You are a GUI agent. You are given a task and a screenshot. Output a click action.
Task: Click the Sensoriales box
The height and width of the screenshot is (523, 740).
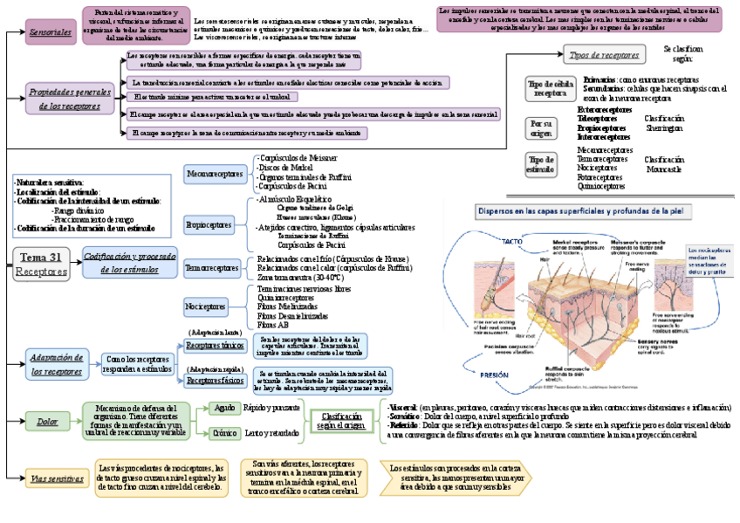click(51, 31)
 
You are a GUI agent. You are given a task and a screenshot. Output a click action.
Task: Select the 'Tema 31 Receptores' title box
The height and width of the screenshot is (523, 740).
click(41, 264)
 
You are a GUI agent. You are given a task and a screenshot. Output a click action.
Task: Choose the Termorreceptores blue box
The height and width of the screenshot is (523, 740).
click(212, 268)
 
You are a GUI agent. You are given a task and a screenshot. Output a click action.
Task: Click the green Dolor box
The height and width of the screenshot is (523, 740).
click(48, 422)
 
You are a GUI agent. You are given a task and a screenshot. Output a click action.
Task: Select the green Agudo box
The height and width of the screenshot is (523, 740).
click(224, 408)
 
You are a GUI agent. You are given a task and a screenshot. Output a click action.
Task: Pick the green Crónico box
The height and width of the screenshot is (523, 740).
click(225, 433)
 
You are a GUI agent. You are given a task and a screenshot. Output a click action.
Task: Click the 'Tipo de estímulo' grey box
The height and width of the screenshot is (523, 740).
click(541, 165)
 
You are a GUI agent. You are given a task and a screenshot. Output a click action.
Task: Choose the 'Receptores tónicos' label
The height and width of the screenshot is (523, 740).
click(216, 346)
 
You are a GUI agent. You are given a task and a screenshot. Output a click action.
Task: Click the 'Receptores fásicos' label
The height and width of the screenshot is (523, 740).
click(216, 381)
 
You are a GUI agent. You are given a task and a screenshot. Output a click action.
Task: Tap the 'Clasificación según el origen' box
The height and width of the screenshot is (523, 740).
click(341, 422)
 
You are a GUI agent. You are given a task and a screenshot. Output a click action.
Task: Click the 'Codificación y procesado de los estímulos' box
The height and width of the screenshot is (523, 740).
click(129, 263)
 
